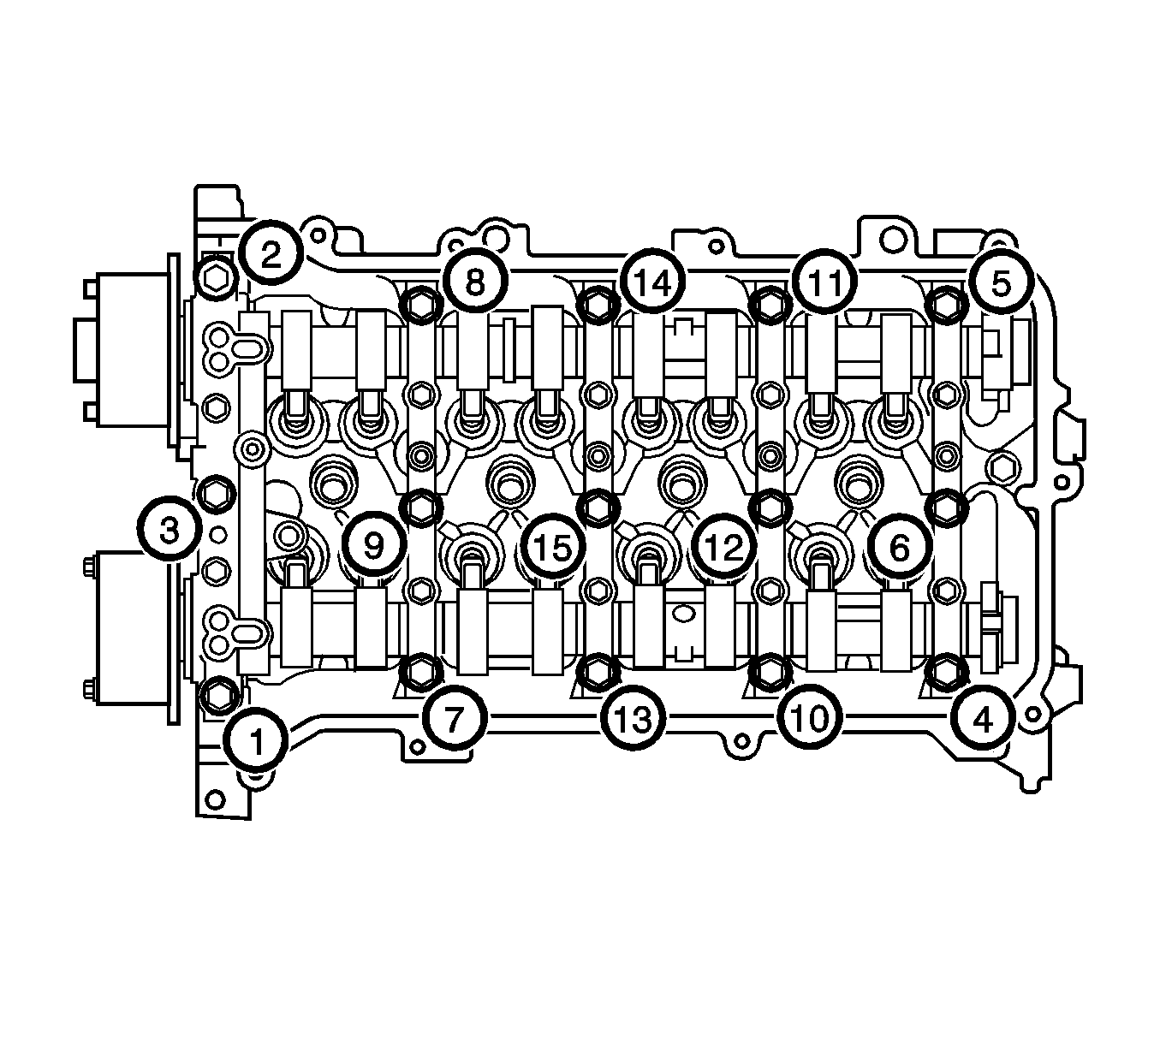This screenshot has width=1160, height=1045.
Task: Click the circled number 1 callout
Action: point(256,741)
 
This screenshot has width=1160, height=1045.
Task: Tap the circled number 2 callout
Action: point(271,253)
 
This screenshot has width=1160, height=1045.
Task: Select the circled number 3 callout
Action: point(170,530)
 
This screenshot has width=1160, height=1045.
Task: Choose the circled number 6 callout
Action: point(899,547)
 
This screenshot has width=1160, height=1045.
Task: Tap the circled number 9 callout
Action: point(373,546)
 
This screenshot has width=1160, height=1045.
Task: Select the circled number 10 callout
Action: point(810,719)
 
